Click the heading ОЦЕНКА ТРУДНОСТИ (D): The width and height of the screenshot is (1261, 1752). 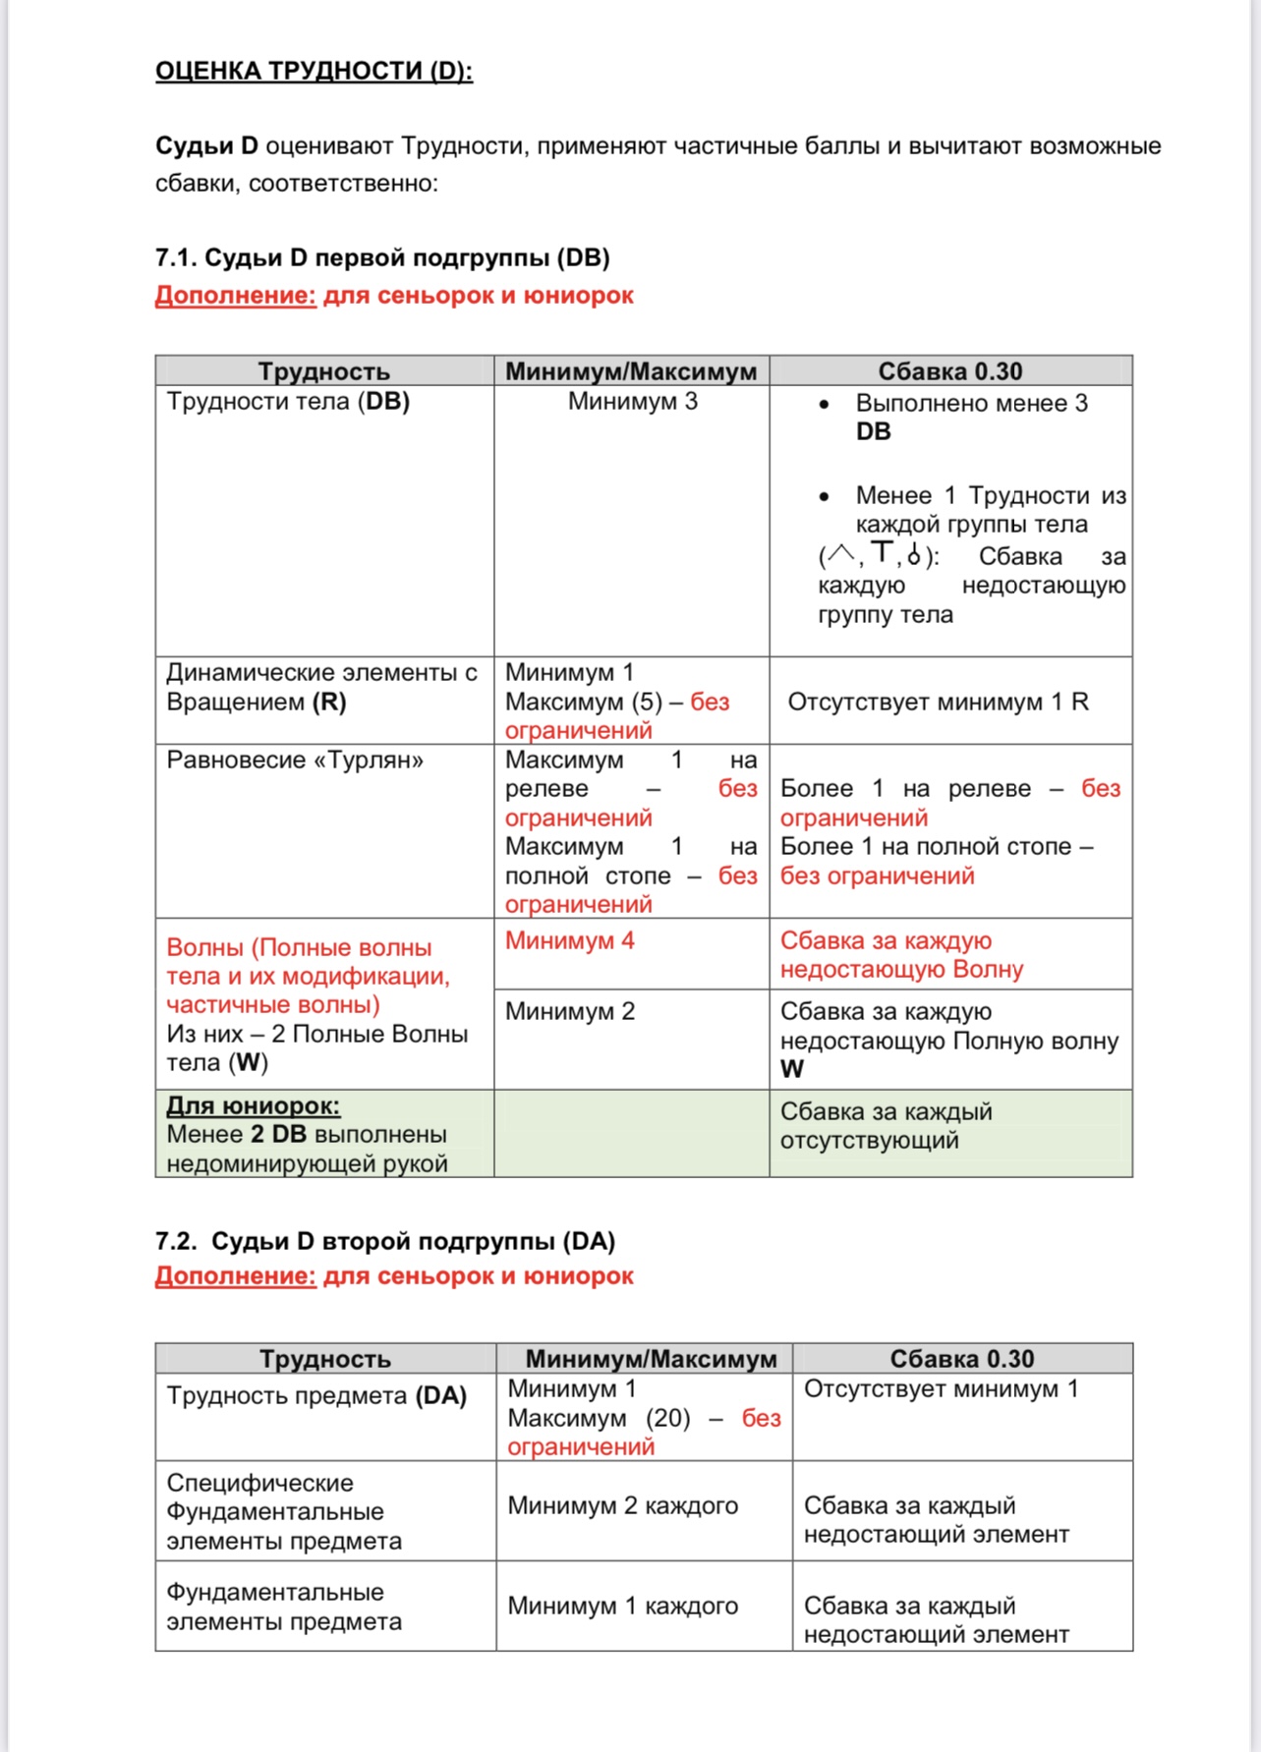[x=314, y=71]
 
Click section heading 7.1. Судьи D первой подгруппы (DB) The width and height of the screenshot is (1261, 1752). [x=382, y=257]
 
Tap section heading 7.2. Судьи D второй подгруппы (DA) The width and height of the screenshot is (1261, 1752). [x=384, y=1241]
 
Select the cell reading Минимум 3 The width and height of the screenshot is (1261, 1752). [x=632, y=402]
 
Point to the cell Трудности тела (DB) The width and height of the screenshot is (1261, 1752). [x=288, y=402]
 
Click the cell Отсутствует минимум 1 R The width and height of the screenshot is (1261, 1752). [x=938, y=702]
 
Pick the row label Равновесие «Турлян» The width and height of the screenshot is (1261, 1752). [x=295, y=761]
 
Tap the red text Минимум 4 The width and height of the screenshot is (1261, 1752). [x=570, y=941]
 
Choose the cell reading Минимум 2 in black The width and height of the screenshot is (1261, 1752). [x=570, y=1012]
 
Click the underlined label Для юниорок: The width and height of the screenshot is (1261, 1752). [x=253, y=1105]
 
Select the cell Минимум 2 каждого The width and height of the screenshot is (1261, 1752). [x=622, y=1505]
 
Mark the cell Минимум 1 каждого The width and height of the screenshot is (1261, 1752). [x=622, y=1606]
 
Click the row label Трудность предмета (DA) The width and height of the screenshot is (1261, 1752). [x=316, y=1396]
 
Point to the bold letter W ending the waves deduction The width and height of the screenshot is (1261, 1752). [x=792, y=1069]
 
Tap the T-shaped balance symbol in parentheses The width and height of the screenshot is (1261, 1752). [x=883, y=553]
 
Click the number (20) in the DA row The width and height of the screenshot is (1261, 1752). [x=668, y=1418]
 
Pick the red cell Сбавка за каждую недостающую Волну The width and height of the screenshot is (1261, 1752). [x=901, y=955]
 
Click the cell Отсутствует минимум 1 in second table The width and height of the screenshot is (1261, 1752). [x=941, y=1389]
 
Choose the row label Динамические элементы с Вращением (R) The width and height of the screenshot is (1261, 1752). [x=321, y=687]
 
